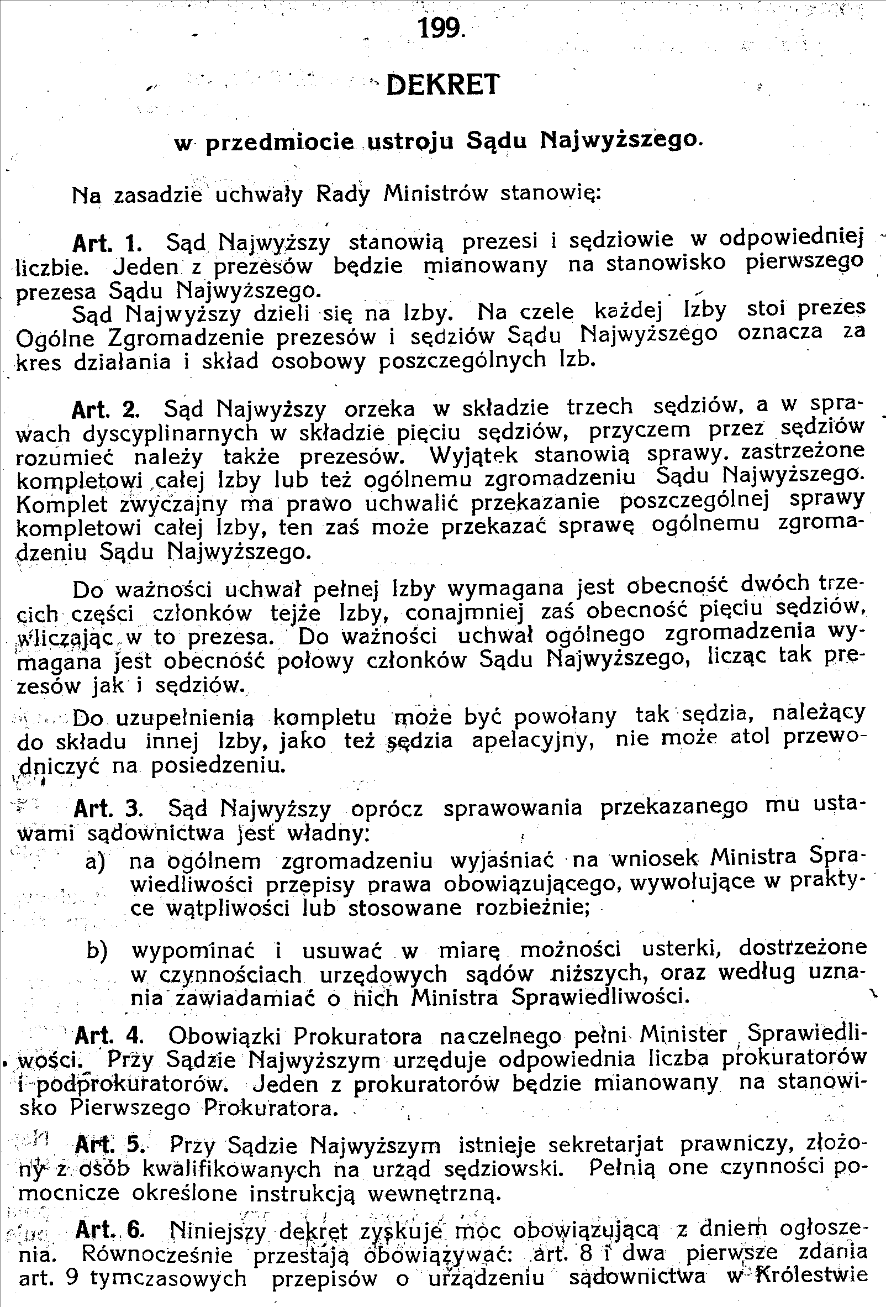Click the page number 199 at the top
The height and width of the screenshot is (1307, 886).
(x=441, y=28)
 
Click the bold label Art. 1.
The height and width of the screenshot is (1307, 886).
(x=106, y=243)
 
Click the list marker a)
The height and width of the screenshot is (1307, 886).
(x=95, y=862)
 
